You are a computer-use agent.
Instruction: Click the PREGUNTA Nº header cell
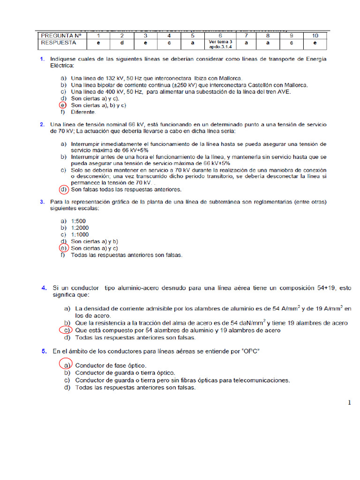(61, 36)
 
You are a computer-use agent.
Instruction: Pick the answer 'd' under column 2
(122, 44)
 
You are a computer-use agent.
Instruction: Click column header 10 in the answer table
(315, 36)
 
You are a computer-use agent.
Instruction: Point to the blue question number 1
(42, 59)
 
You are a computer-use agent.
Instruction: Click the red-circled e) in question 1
(63, 105)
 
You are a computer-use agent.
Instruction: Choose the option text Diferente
(83, 112)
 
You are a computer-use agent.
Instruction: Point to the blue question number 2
(42, 125)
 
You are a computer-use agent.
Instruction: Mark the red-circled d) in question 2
(63, 190)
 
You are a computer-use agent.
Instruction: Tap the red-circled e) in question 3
(63, 248)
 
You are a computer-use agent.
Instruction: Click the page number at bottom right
(349, 403)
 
